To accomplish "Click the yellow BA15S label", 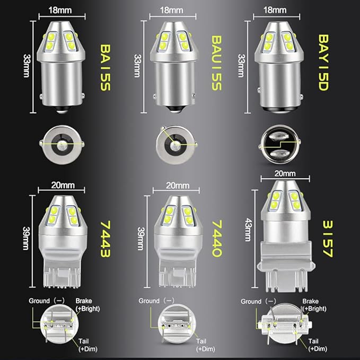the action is (106, 67).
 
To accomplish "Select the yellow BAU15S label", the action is (216, 63).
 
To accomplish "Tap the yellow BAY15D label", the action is (323, 62).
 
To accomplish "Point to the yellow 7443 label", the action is (106, 239).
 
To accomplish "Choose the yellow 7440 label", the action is (217, 239).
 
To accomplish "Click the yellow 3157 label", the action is (328, 239).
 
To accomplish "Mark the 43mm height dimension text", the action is (248, 230).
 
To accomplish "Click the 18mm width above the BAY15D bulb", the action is (275, 10).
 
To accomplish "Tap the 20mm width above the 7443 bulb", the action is (63, 185).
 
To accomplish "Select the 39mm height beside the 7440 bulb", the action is (141, 239).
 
